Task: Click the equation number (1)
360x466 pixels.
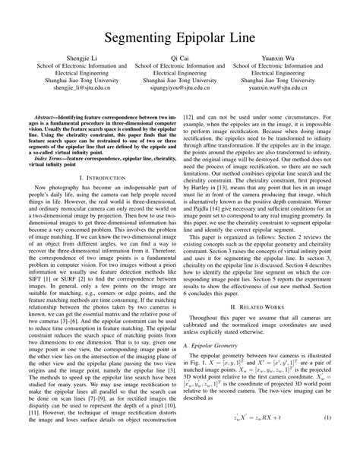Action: pyautogui.click(x=327, y=439)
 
